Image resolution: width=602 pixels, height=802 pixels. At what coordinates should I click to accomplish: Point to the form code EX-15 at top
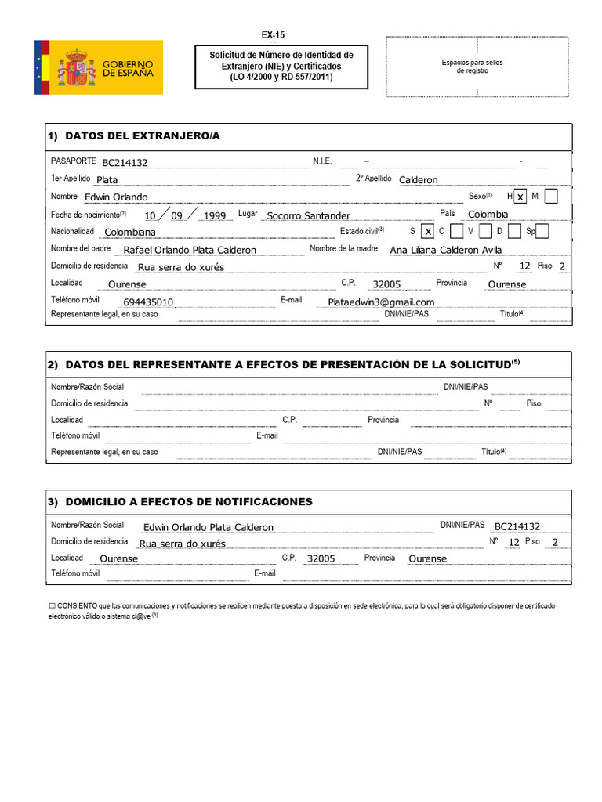point(273,35)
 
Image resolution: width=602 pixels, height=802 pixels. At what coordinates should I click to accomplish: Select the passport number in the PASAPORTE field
point(125,163)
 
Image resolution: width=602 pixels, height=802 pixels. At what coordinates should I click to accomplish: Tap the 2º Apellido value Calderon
point(419,179)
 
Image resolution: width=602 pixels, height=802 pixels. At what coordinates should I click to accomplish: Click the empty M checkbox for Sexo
point(551,197)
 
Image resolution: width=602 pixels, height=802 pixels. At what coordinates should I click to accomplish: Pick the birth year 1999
point(214,215)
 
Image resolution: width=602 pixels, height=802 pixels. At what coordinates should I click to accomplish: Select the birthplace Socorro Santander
point(308,215)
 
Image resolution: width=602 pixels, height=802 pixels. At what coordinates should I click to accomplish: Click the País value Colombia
point(488,214)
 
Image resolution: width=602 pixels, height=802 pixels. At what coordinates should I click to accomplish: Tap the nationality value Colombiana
point(130,232)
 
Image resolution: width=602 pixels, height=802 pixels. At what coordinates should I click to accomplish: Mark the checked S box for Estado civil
point(427,232)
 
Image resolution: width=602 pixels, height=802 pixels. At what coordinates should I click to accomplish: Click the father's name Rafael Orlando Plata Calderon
point(190,250)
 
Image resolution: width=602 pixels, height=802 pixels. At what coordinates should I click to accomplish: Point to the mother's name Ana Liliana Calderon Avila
point(445,250)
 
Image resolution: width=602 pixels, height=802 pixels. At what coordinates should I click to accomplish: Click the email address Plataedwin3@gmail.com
point(381,302)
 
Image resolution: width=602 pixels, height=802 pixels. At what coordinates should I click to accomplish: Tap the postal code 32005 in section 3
point(321,558)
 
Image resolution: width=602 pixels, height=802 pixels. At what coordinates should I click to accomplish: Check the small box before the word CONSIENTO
point(52,606)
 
